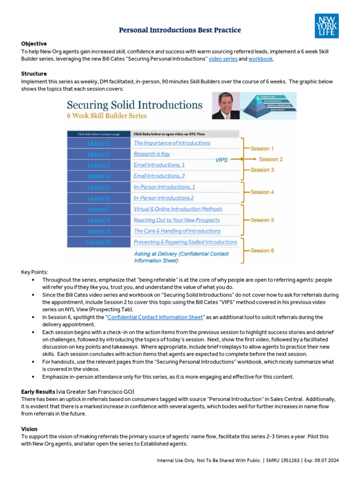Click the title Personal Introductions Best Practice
[x=180, y=30]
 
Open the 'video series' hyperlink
[x=223, y=59]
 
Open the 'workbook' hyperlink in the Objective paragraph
[x=260, y=59]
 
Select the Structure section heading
[x=34, y=74]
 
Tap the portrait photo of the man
[x=225, y=105]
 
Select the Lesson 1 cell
[x=98, y=143]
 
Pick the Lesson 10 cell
[x=98, y=242]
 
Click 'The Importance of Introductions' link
[x=172, y=143]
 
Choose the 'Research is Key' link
[x=151, y=154]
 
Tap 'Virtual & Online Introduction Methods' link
[x=178, y=209]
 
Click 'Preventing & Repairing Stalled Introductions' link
[x=185, y=242]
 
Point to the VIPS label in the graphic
[x=221, y=160]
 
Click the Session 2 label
[x=270, y=159]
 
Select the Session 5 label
[x=262, y=220]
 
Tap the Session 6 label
[x=262, y=250]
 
